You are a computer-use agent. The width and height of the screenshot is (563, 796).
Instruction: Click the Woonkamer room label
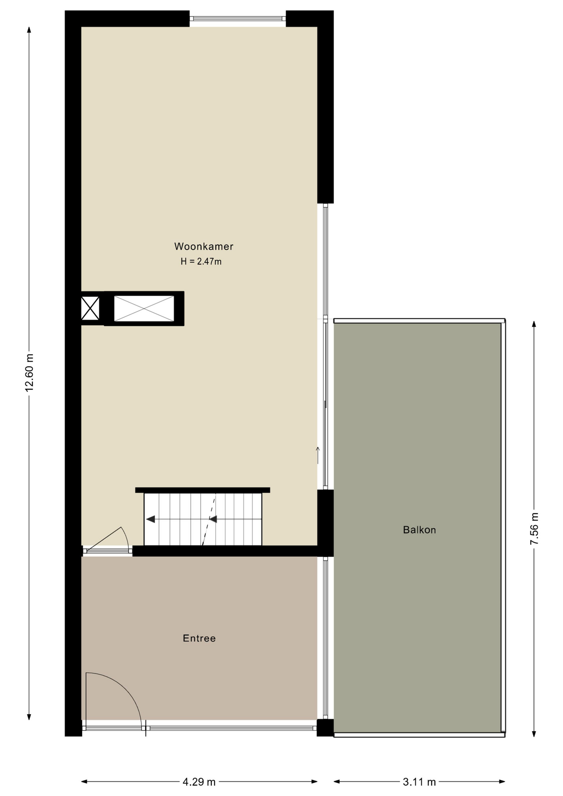point(204,246)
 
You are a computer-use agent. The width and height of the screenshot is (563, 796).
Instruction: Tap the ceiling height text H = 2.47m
point(201,262)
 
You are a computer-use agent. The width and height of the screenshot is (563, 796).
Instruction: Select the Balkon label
point(419,530)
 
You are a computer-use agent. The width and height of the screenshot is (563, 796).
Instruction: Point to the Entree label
point(199,638)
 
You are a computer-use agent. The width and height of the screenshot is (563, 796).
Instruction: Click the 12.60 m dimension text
point(29,373)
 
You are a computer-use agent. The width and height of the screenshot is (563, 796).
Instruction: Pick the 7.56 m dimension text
point(534,529)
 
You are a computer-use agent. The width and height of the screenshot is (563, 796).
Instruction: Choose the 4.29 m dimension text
point(199,782)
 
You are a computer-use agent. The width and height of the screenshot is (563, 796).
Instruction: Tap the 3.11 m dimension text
point(419,782)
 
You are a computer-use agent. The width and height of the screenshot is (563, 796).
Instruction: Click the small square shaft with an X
point(90,308)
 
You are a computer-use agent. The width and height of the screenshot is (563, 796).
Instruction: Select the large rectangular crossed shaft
point(144,308)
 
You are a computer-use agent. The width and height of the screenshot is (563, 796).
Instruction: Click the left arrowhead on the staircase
point(150,519)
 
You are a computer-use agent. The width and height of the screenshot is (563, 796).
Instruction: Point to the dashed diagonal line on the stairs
point(209,519)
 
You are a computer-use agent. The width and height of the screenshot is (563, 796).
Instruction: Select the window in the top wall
point(238,18)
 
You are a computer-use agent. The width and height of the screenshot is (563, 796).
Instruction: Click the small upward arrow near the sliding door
point(318,455)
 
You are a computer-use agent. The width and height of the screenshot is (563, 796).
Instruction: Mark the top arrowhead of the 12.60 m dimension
point(29,30)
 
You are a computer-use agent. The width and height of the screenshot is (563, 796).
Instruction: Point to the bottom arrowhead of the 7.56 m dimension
point(534,733)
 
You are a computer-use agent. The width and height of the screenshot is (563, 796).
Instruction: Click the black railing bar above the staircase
point(202,490)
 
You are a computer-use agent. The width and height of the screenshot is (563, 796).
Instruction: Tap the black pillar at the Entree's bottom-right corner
point(325,728)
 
